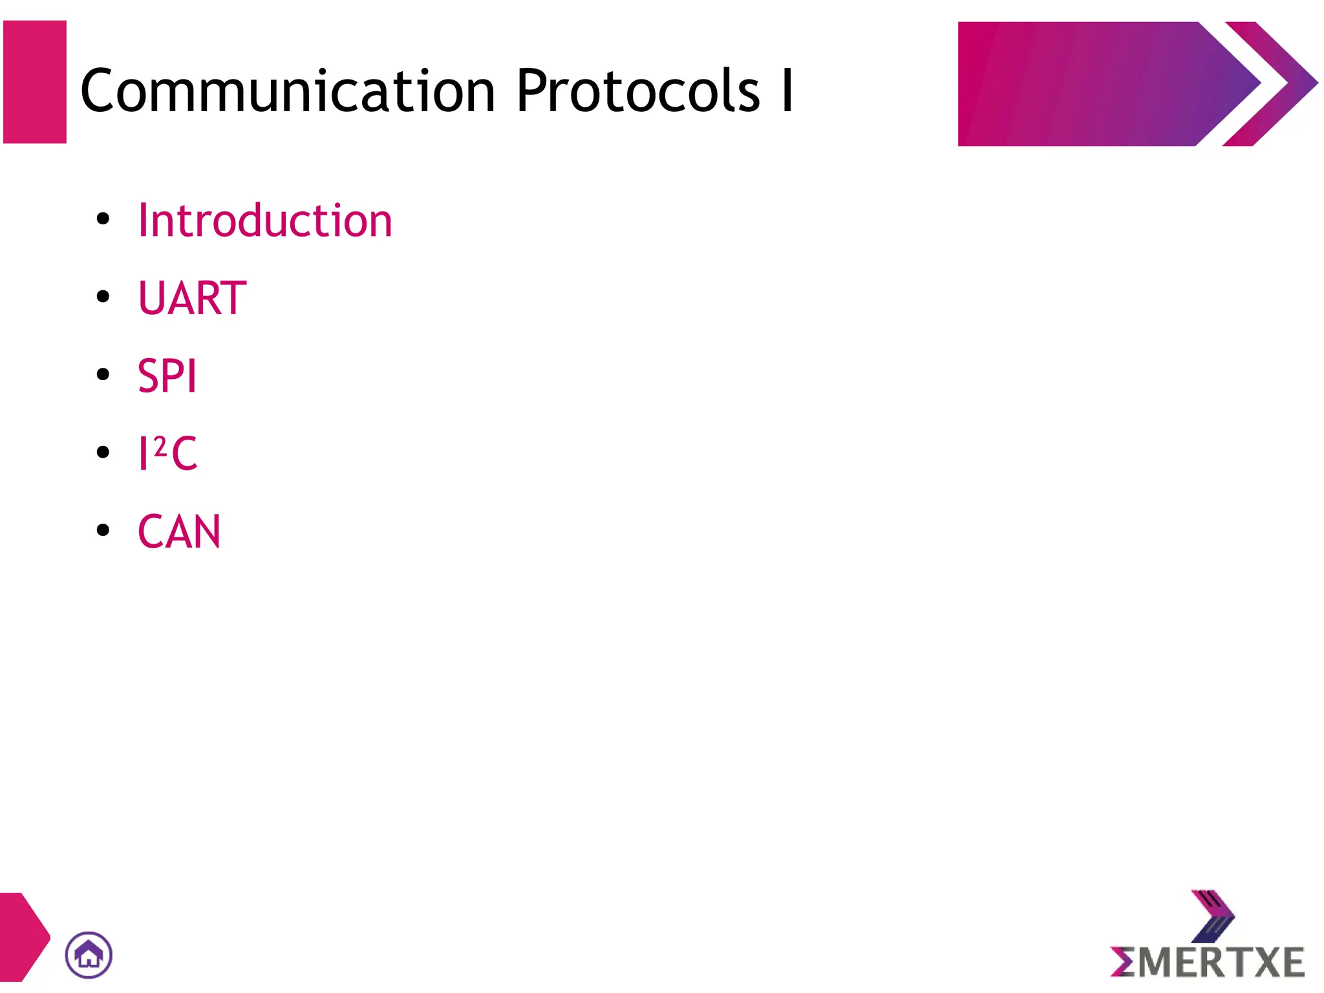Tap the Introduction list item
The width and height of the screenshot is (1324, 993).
(265, 220)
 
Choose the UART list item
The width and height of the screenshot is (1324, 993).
(192, 298)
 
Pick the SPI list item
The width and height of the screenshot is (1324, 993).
(167, 376)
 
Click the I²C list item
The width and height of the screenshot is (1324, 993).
(167, 453)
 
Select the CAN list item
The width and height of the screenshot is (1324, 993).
(179, 531)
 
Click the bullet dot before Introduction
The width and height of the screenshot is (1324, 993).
(103, 219)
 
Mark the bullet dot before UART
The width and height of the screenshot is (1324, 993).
(103, 297)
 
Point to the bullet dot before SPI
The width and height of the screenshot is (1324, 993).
(103, 374)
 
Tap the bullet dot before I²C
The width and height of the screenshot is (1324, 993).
(103, 452)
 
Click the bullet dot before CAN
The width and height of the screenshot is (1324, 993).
(103, 530)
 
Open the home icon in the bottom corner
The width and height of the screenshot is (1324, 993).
(89, 955)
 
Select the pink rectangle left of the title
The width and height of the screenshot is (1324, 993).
(35, 82)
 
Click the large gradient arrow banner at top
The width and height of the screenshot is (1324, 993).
(1099, 84)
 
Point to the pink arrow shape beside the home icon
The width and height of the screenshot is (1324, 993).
(22, 937)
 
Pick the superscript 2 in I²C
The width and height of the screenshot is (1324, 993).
(160, 445)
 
